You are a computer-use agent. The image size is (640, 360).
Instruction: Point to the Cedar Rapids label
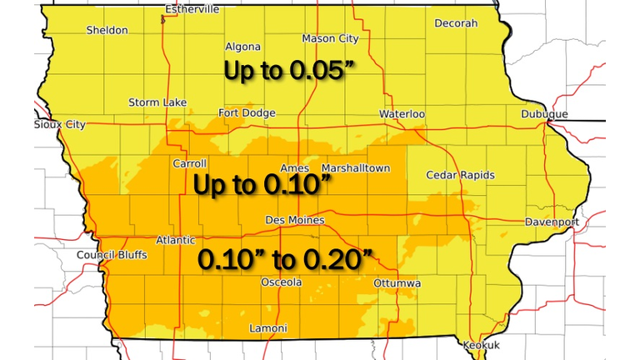[460, 175]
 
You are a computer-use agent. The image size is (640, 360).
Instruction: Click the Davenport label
[552, 222]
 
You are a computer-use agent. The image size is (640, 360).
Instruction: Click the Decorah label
[456, 23]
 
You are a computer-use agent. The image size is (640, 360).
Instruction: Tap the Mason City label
[329, 38]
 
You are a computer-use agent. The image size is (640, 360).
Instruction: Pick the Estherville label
[192, 9]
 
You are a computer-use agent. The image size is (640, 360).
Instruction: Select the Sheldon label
[107, 30]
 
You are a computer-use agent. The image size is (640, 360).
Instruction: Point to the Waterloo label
[402, 113]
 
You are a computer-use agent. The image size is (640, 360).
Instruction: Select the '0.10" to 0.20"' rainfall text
[284, 259]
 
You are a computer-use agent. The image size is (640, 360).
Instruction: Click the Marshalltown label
[355, 168]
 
